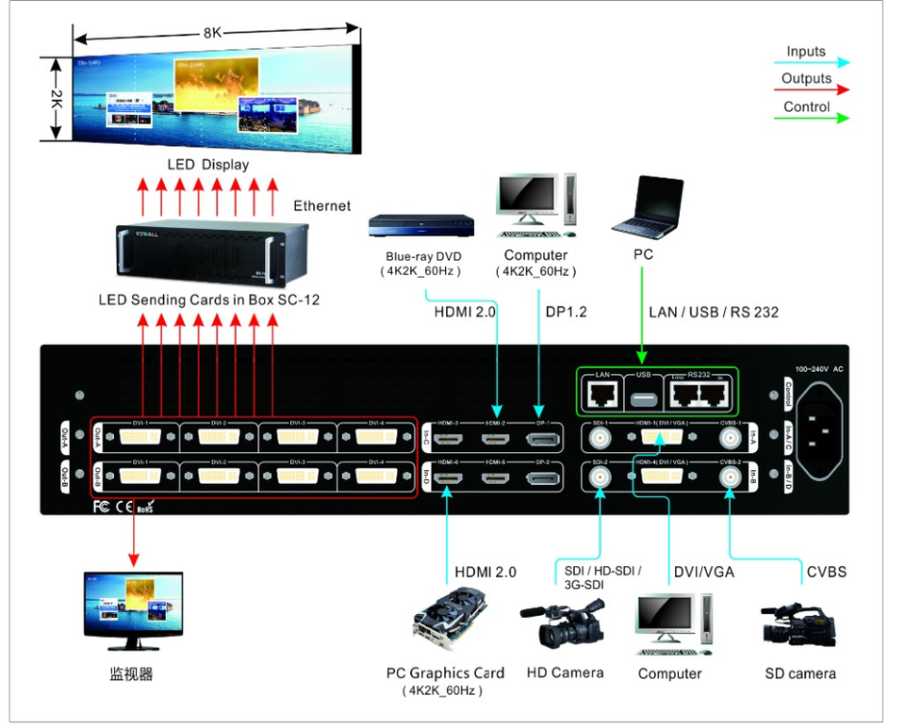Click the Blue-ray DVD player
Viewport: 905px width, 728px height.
pyautogui.click(x=420, y=225)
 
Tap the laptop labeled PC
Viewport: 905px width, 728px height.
pyautogui.click(x=647, y=208)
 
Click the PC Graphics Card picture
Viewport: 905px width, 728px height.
pyautogui.click(x=452, y=623)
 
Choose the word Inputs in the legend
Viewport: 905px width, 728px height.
pyautogui.click(x=806, y=52)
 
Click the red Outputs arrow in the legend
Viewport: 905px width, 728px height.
pyautogui.click(x=815, y=90)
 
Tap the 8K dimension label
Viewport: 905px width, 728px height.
pyautogui.click(x=212, y=32)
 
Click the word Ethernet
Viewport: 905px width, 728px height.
pyautogui.click(x=321, y=205)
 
